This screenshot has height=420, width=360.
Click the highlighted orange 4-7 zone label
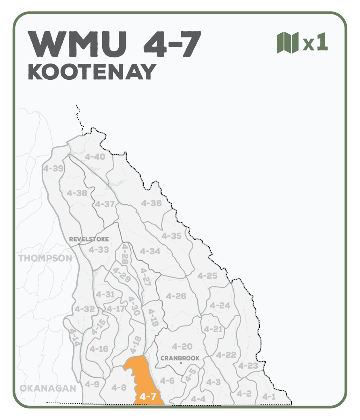[147, 397]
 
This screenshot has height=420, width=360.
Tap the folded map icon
[288, 43]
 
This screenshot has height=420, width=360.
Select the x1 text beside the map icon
[315, 43]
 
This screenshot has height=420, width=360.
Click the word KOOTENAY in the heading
[92, 72]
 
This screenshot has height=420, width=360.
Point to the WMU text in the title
[78, 44]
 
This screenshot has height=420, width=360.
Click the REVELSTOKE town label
[89, 239]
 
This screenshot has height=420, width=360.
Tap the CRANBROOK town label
[180, 358]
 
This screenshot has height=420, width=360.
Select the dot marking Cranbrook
[181, 363]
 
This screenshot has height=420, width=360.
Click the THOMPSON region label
[45, 258]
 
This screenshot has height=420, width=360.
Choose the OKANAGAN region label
[48, 388]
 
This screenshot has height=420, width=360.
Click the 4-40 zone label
[95, 157]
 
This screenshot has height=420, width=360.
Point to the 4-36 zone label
[151, 203]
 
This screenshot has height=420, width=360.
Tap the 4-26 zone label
[176, 296]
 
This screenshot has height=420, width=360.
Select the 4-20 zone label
[182, 346]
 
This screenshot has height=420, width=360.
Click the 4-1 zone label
[269, 397]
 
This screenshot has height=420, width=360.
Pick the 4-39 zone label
[53, 168]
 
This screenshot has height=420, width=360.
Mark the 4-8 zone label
[119, 387]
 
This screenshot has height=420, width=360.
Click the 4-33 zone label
[98, 250]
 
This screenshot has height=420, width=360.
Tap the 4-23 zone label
[248, 366]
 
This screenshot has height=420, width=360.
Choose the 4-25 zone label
[207, 276]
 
